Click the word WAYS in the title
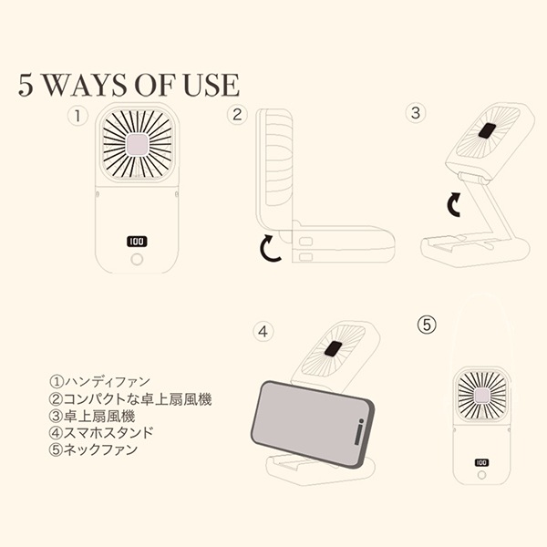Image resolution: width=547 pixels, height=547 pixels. click(86, 85)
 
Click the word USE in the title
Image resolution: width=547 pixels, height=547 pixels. click(212, 85)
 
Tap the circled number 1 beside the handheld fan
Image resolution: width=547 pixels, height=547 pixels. click(77, 116)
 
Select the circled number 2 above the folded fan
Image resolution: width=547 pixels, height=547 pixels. click(237, 115)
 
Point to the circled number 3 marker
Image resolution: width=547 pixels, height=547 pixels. click(416, 113)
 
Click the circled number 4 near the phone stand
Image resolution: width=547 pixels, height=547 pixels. click(263, 332)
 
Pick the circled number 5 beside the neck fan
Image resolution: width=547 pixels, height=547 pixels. click(427, 325)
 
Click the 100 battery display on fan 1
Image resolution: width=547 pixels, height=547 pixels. click(137, 242)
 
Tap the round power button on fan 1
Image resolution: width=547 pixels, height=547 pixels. click(137, 259)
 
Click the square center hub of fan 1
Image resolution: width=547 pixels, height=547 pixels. click(137, 144)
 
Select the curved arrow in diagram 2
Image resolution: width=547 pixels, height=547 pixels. click(269, 248)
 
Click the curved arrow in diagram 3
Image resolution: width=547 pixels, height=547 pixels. click(454, 204)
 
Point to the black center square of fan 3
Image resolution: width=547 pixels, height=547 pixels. click(488, 131)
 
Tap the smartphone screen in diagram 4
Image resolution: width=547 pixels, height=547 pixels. click(309, 422)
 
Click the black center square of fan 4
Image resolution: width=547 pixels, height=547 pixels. click(333, 349)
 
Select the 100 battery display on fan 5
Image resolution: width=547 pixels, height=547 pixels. click(481, 462)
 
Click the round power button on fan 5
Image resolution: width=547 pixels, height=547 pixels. click(481, 475)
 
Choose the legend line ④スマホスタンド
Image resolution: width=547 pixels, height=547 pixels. click(101, 432)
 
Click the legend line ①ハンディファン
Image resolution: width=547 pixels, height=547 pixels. click(99, 382)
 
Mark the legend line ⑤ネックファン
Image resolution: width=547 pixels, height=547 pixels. click(93, 449)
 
